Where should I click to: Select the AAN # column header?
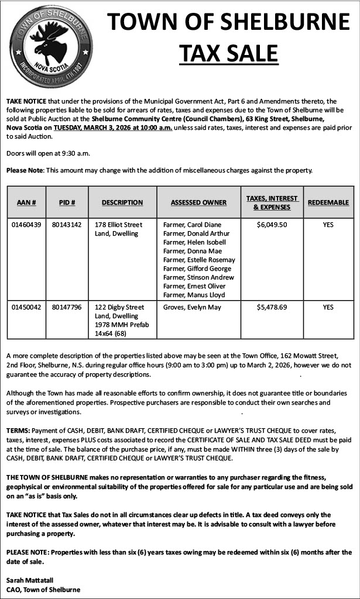27,202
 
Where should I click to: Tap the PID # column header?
67,202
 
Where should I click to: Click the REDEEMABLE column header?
328,202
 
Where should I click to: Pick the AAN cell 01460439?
27,225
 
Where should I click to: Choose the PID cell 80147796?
67,307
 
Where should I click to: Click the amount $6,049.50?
272,225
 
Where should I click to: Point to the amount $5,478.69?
272,307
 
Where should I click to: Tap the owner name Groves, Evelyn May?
192,307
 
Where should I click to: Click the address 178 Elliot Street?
118,225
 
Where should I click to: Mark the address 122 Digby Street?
119,307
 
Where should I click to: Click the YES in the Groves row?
328,307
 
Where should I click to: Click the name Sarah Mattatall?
30,580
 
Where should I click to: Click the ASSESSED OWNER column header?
198,202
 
